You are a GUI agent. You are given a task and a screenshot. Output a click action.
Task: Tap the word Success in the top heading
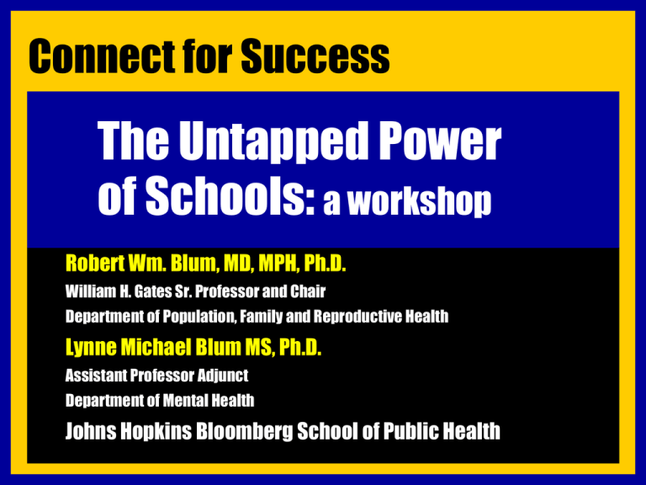pyautogui.click(x=315, y=56)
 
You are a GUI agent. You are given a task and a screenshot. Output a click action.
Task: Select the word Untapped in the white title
pyautogui.click(x=273, y=142)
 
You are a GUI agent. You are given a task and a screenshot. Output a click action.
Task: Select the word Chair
pyautogui.click(x=308, y=291)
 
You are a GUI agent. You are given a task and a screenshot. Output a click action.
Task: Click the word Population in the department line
pyautogui.click(x=199, y=317)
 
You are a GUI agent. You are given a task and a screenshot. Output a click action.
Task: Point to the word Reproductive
pyautogui.click(x=357, y=317)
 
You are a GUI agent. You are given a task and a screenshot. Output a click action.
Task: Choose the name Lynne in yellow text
pyautogui.click(x=91, y=347)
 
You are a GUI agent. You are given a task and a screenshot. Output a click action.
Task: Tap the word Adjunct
pyautogui.click(x=222, y=376)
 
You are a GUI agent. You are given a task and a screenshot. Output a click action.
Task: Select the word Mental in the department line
pyautogui.click(x=185, y=401)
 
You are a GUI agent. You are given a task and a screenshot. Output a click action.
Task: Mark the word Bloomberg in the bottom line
pyautogui.click(x=245, y=431)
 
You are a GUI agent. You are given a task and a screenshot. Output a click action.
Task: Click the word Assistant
pyautogui.click(x=96, y=376)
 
